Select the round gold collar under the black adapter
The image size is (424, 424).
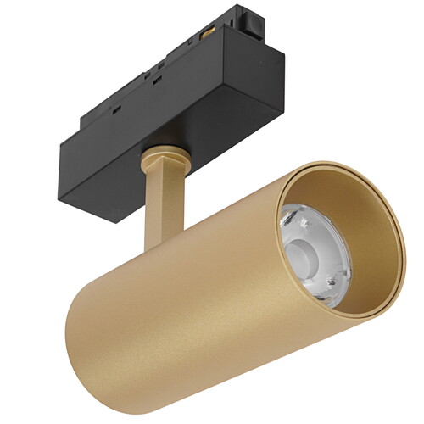click(x=162, y=157)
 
